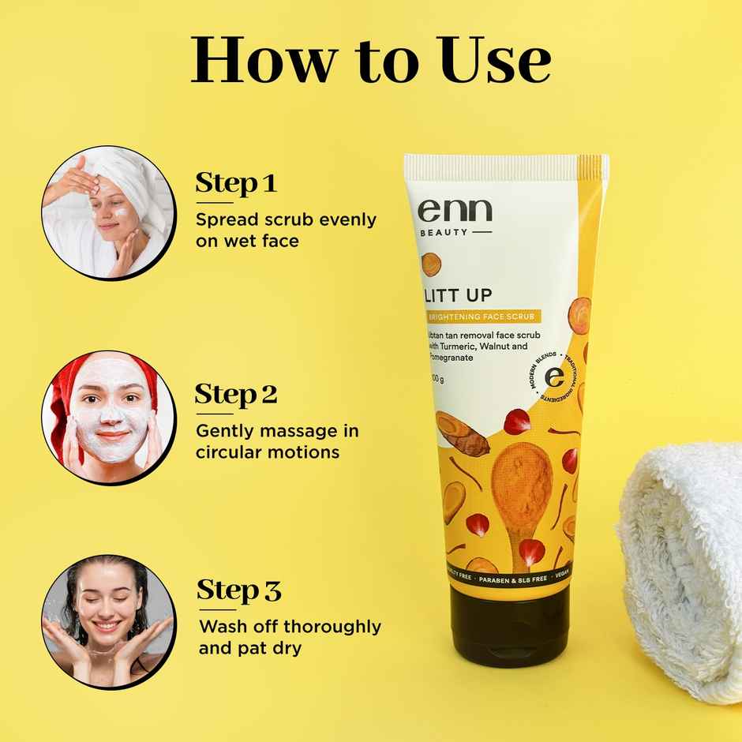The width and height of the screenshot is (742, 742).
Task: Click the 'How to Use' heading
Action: (x=370, y=59)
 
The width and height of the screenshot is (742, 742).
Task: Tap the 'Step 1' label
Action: (x=236, y=183)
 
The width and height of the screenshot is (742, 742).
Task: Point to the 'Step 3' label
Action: (x=238, y=590)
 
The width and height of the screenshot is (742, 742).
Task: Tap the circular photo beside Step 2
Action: (x=108, y=418)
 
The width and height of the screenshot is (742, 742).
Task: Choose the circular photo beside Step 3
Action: (x=108, y=620)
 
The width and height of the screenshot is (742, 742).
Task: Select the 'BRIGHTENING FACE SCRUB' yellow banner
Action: (x=482, y=317)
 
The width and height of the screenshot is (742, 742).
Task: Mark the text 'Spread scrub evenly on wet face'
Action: (x=286, y=230)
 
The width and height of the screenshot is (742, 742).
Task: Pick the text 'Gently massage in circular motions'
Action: (x=276, y=441)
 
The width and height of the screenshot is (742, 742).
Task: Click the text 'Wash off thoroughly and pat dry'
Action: (x=290, y=638)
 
